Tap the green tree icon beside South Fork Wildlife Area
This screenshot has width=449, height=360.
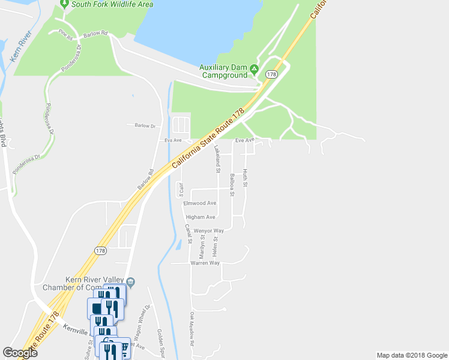pos(64,4)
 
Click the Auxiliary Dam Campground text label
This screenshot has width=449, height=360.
pos(223,71)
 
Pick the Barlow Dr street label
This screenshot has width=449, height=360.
pos(141,126)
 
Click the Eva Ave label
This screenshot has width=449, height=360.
pos(173,140)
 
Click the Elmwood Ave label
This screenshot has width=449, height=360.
pos(199,203)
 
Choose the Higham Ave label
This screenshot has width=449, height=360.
pos(201,217)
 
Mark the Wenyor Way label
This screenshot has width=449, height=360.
pos(209,230)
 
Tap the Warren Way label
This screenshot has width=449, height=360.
pos(205,263)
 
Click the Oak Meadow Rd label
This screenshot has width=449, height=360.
pos(193,329)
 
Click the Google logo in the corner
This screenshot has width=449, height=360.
pos(20,352)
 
